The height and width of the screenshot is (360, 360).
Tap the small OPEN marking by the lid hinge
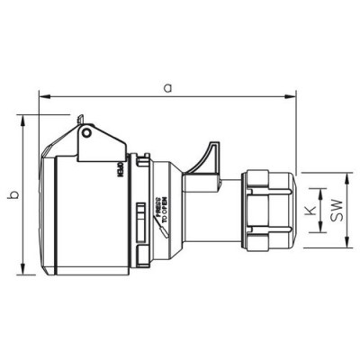tap(118, 168)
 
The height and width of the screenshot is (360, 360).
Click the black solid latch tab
tap(211, 156)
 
